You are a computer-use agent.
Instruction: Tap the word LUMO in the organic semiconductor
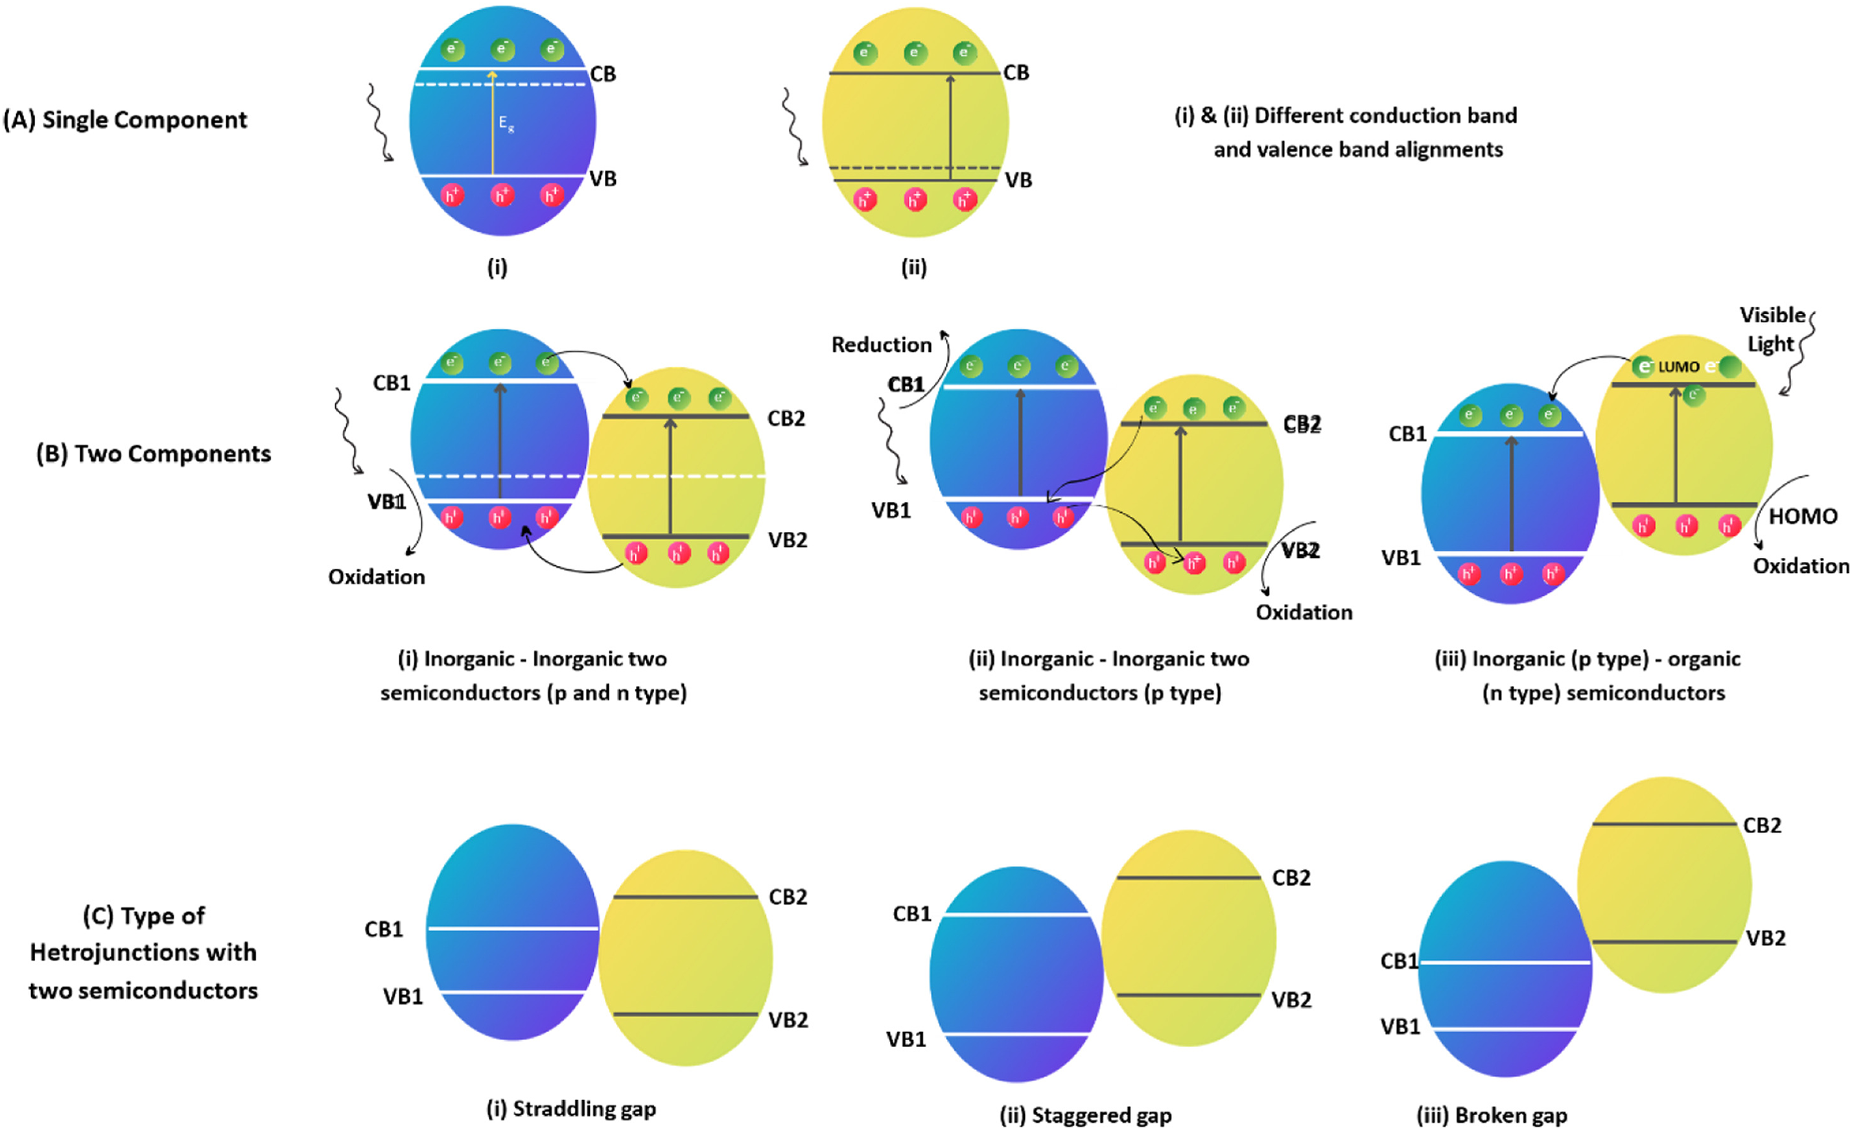1678,367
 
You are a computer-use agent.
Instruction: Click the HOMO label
1802,517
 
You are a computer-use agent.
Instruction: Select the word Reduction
881,345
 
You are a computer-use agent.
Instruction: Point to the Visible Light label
1772,329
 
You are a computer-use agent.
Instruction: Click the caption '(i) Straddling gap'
571,1109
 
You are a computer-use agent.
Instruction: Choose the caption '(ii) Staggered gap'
1085,1116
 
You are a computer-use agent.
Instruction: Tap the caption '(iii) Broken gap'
1492,1116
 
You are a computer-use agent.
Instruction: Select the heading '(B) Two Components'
154,454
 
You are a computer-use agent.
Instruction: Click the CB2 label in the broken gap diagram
1762,825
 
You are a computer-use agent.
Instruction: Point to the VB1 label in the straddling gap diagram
403,997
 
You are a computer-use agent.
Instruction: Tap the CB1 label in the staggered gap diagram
911,914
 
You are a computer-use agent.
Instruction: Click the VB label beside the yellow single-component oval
1018,180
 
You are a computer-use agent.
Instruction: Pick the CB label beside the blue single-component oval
603,75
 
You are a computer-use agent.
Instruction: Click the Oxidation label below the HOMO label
1801,566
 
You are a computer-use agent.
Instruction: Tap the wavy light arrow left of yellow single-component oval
795,126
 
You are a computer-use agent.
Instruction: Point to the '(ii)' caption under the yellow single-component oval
914,268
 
